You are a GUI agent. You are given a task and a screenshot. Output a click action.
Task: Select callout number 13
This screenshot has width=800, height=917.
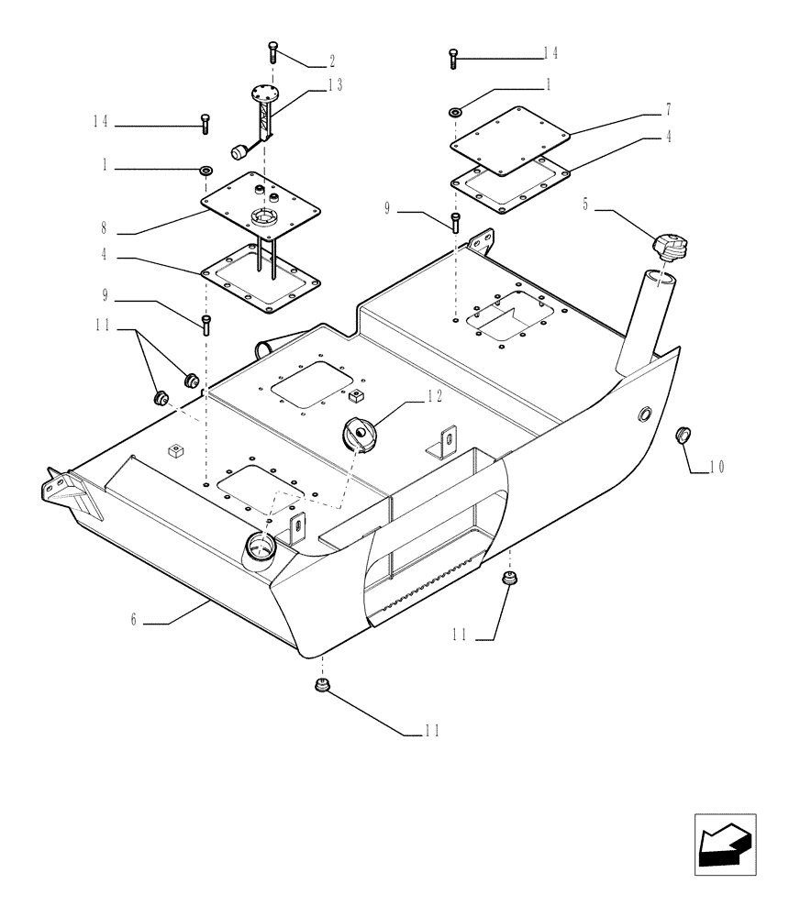tap(335, 85)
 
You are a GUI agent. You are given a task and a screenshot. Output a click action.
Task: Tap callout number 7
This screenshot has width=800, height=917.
tap(668, 109)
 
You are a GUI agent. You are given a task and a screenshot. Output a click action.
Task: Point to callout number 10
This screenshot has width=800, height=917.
tap(716, 467)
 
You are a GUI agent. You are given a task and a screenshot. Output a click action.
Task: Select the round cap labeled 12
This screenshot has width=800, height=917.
tap(358, 433)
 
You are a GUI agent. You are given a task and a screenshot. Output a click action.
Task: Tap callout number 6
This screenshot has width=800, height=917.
tap(134, 621)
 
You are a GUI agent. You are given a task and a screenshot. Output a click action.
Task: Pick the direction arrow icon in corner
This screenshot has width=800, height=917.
tap(724, 841)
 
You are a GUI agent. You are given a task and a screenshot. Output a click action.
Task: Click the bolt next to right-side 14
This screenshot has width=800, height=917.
tap(453, 58)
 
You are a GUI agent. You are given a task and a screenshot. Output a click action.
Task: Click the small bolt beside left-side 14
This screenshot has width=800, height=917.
tap(204, 122)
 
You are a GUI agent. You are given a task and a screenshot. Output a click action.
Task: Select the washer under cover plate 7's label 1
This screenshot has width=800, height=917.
tap(456, 111)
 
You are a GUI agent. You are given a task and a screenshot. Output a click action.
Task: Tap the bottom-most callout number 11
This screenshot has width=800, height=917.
tap(431, 731)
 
